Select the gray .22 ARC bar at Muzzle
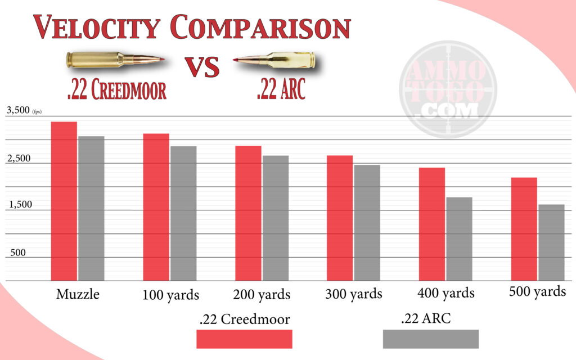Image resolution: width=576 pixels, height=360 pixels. click(x=91, y=208)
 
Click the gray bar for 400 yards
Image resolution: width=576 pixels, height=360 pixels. click(x=459, y=238)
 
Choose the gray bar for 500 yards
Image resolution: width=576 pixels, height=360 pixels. click(x=551, y=242)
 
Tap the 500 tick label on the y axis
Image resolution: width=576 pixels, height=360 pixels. click(x=19, y=253)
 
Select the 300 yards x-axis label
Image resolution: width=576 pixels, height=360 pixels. click(x=354, y=294)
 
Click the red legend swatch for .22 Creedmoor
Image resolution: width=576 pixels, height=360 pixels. click(x=244, y=339)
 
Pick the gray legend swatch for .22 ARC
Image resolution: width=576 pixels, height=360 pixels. click(x=430, y=339)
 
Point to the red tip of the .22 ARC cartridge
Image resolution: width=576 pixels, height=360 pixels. click(x=236, y=60)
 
